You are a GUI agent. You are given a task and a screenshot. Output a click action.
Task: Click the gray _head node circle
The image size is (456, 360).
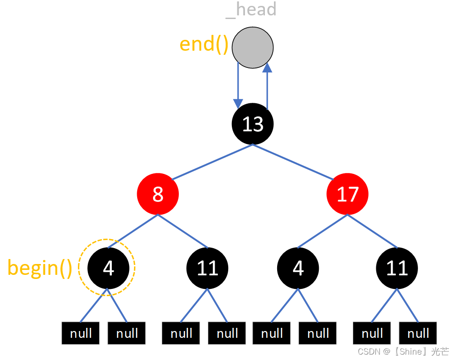[252, 48]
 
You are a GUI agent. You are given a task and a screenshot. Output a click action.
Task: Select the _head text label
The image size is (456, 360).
[250, 10]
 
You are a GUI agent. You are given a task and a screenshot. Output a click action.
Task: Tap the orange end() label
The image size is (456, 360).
[204, 44]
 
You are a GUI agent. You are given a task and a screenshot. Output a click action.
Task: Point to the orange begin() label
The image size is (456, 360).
[40, 268]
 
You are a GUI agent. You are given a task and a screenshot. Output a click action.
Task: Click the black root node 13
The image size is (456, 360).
[252, 124]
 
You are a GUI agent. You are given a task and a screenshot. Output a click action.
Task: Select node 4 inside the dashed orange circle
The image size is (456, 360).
[108, 268]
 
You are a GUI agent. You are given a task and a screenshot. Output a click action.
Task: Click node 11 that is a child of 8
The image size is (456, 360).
[207, 268]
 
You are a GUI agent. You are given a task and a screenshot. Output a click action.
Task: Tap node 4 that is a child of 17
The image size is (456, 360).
[298, 268]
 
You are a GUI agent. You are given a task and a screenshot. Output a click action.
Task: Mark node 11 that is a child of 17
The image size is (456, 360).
[397, 268]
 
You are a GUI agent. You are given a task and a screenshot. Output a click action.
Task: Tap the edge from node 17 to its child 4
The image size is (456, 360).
[322, 231]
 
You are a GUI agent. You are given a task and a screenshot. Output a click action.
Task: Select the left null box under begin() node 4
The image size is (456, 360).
[81, 334]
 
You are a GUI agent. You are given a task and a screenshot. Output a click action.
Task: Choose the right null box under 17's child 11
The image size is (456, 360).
[418, 334]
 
